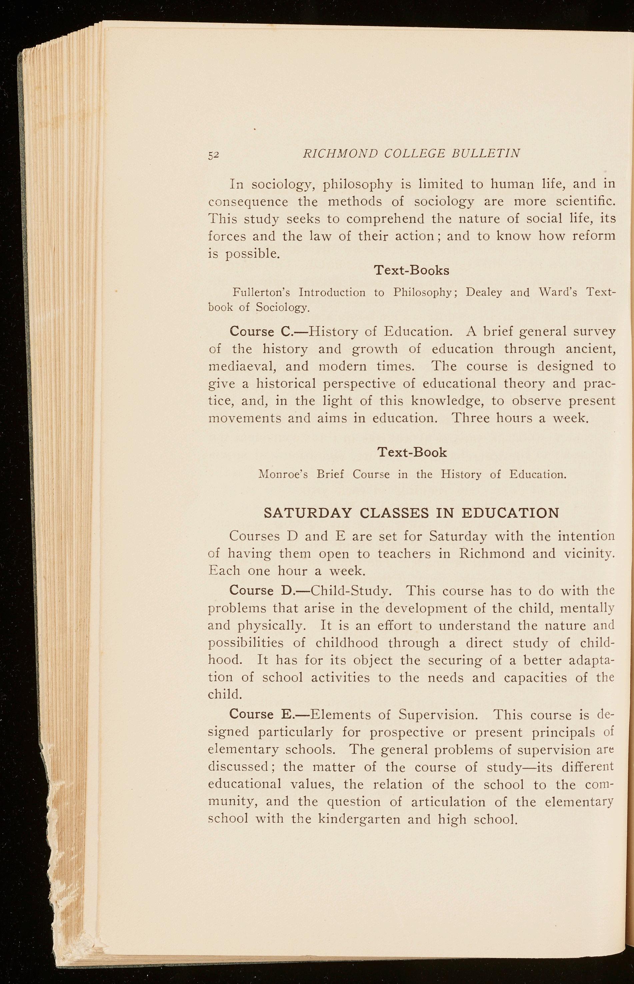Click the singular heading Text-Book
(x=412, y=452)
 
